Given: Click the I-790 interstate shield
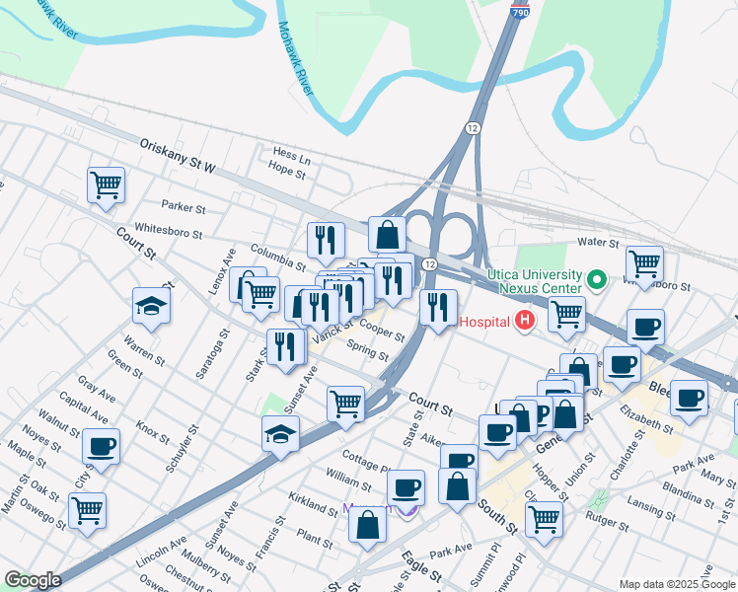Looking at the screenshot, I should (x=520, y=10).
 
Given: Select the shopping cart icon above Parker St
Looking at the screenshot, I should (x=106, y=185).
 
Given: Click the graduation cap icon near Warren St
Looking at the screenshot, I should (x=151, y=307).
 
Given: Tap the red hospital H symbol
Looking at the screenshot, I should (x=525, y=321).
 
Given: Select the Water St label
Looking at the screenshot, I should (x=598, y=242).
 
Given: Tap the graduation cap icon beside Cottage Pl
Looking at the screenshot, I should (x=280, y=434).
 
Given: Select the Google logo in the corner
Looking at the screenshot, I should (x=33, y=580).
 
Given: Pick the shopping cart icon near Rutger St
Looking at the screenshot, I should (x=544, y=519).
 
